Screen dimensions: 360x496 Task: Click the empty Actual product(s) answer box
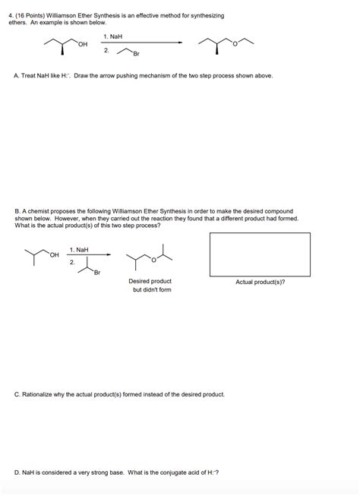point(260,254)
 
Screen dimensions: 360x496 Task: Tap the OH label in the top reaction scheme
point(83,45)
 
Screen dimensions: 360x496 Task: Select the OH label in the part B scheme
point(54,254)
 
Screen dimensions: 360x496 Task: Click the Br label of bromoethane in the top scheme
point(137,54)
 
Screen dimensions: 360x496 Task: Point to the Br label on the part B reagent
point(96,273)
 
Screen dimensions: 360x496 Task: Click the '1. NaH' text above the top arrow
point(112,36)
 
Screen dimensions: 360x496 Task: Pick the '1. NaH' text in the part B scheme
point(78,249)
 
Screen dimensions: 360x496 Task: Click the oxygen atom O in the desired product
point(153,259)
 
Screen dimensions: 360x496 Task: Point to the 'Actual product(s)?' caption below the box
point(261,282)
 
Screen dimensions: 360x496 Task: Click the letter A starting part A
point(17,76)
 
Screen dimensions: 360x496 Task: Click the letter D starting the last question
point(17,472)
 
